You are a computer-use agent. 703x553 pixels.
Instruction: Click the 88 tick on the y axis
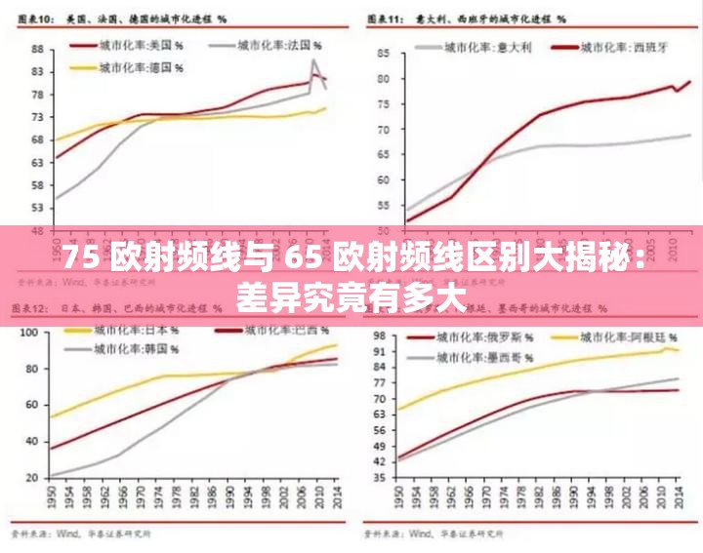coord(36,49)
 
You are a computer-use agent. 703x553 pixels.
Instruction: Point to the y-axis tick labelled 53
coord(36,208)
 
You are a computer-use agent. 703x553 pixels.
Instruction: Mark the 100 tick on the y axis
coord(29,333)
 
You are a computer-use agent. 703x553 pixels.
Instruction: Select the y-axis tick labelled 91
coord(379,351)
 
